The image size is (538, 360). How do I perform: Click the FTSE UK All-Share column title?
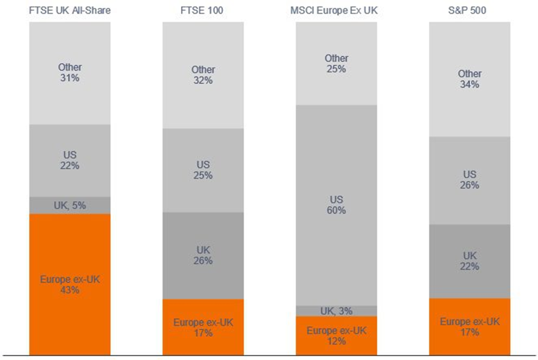pos(70,10)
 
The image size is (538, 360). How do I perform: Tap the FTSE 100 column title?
pos(203,10)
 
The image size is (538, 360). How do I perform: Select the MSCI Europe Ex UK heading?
pos(336,10)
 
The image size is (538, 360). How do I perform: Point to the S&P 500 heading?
pos(470,10)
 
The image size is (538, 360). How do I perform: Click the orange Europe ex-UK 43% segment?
pos(70,284)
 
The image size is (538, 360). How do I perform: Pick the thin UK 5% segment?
pos(70,205)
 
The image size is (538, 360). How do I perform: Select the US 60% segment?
pos(336,205)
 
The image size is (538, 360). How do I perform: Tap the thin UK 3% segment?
pos(336,311)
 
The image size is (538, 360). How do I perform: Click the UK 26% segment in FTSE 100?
pos(203,255)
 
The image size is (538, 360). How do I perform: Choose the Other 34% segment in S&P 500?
pos(470,79)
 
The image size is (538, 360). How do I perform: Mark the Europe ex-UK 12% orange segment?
pos(336,336)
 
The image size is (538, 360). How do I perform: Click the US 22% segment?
pos(70,160)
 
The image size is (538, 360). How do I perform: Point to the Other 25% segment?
pos(336,63)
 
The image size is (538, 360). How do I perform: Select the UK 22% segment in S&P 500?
pos(470,261)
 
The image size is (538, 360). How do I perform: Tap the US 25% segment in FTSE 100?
pos(203,170)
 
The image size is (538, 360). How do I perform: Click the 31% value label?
pos(70,78)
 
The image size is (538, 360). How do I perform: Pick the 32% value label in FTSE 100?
pos(203,80)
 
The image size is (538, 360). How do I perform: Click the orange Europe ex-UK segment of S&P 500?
pos(470,327)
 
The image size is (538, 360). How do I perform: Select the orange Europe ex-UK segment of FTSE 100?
pos(203,327)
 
